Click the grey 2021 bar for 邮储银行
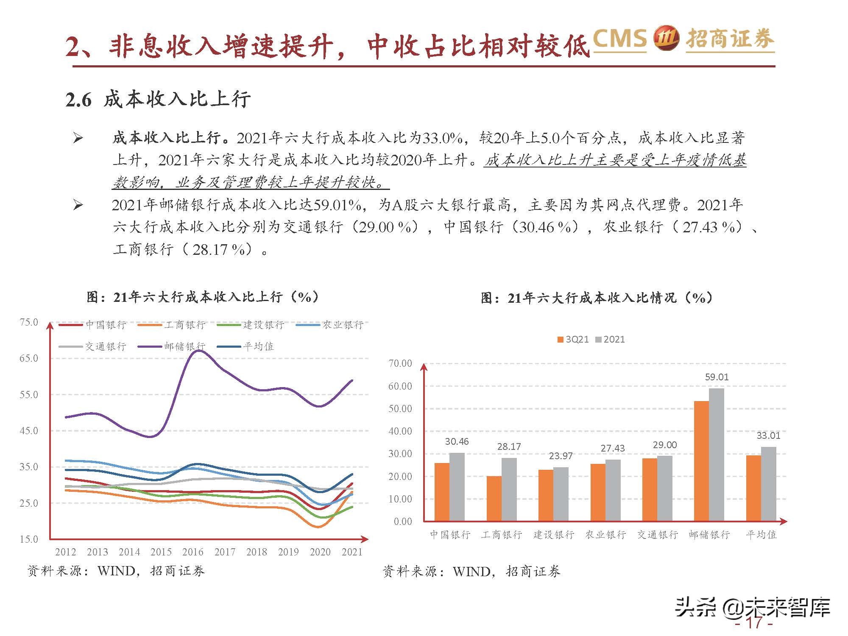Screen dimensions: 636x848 [717, 455]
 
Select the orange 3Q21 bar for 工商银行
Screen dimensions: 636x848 [494, 498]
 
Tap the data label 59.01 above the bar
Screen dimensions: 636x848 [717, 377]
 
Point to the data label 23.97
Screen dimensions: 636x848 [561, 456]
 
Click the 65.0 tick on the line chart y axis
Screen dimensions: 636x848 [28, 358]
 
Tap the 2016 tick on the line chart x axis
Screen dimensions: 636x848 [193, 552]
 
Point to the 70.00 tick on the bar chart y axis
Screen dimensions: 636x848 [400, 363]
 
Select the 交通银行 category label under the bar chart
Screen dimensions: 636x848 [657, 535]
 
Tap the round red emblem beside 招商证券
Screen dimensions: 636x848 [666, 39]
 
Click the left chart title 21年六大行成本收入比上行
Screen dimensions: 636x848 [203, 297]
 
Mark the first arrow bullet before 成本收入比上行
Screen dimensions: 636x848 [78, 138]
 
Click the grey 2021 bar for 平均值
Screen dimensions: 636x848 [768, 484]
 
